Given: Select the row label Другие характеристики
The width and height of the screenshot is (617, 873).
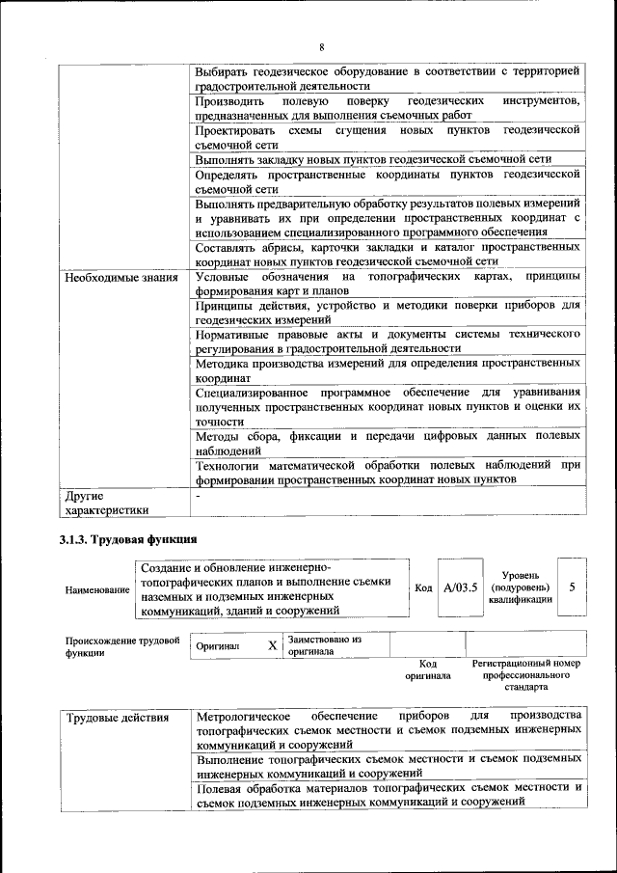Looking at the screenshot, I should coord(106,504).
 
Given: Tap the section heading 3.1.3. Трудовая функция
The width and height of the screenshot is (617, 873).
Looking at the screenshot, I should coord(128,540).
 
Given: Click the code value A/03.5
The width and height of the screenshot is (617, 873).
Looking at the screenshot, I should coord(460,587).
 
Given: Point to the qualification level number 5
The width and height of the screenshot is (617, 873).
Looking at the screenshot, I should coord(573,587).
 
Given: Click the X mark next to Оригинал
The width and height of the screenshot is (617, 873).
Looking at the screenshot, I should coord(272,645).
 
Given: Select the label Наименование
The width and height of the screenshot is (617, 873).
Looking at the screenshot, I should coord(96,588).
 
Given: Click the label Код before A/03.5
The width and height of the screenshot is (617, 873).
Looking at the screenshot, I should coord(423,587).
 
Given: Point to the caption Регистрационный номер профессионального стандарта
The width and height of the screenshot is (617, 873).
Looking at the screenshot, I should coord(525,675).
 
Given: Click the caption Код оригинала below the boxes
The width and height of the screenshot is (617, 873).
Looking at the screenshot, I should coord(428,669).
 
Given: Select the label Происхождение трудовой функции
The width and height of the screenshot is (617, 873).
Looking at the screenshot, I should coord(122,645).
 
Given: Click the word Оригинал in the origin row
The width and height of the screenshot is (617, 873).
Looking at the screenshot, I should coord(217,645).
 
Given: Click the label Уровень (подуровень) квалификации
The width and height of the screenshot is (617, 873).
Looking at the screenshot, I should coord(520,587).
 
